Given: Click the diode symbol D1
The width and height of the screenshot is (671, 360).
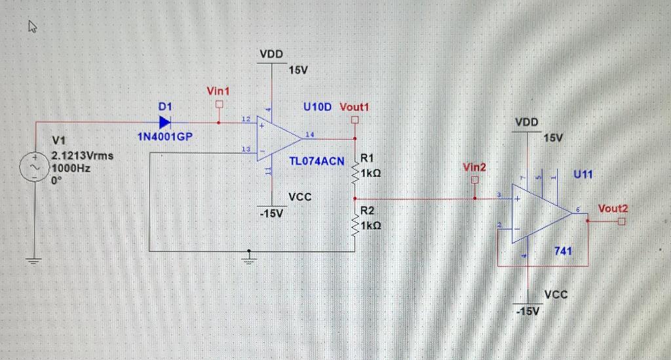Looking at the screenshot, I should click(x=164, y=121).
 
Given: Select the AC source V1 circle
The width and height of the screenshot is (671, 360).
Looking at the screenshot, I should click(x=32, y=167).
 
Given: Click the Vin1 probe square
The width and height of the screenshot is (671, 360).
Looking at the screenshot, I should click(x=219, y=104).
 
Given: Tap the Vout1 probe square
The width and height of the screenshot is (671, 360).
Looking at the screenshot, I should click(x=355, y=121).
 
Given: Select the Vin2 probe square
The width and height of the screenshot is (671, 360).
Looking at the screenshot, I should click(x=475, y=180).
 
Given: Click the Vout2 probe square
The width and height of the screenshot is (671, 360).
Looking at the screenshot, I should click(x=621, y=222).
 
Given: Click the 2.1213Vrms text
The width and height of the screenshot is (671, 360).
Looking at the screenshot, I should click(x=82, y=156).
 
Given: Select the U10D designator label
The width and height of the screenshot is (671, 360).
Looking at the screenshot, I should click(x=317, y=106).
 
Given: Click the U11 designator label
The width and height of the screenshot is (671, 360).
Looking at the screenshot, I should click(x=583, y=174).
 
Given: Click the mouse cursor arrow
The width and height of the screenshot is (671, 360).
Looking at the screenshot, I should click(x=33, y=26).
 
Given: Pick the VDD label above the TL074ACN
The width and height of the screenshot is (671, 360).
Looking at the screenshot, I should click(x=271, y=55).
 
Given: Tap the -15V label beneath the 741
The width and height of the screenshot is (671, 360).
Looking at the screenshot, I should click(x=528, y=310).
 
